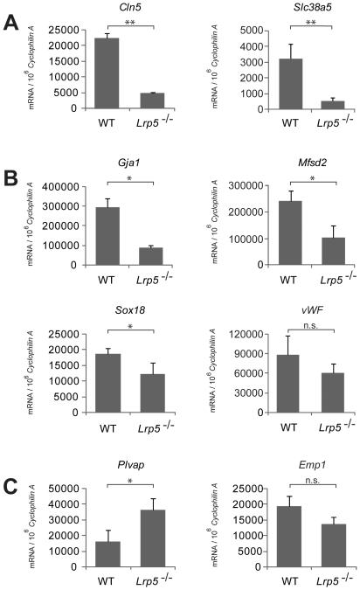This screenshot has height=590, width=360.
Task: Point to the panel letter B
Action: click(x=12, y=184)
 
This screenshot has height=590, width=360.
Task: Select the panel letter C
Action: click(x=12, y=483)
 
